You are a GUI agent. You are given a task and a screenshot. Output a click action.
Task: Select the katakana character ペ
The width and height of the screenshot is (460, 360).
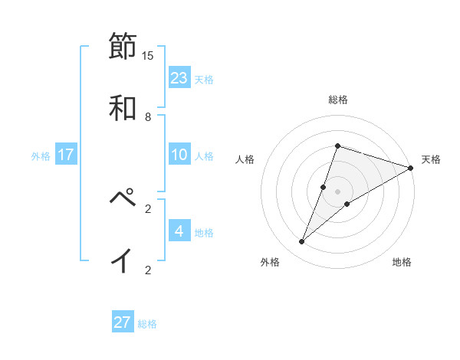point(123,198)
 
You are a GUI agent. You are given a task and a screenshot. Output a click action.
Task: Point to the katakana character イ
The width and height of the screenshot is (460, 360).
point(123,260)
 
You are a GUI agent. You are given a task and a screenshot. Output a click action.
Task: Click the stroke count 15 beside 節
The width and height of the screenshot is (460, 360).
point(148,55)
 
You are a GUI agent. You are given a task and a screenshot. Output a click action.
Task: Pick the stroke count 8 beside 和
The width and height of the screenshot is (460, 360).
point(148,116)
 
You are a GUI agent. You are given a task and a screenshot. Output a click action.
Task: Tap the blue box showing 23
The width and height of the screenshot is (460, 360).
point(179,78)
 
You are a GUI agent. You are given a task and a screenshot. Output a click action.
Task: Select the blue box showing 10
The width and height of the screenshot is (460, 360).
point(179,155)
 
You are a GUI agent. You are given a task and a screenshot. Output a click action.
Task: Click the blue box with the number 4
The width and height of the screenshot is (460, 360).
point(179,231)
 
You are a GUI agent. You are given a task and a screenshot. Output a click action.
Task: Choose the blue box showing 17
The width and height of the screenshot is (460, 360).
point(66,155)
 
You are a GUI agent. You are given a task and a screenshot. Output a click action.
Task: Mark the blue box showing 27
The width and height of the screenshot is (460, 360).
point(123,322)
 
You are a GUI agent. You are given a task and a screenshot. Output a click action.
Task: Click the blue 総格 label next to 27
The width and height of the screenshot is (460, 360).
point(147,324)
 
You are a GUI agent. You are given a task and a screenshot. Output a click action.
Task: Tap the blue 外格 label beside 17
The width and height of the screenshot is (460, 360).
point(41,156)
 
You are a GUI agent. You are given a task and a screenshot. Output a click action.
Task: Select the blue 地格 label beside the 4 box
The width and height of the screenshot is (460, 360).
point(204,233)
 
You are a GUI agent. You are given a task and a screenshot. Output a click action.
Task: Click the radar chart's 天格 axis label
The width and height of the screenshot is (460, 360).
point(431,159)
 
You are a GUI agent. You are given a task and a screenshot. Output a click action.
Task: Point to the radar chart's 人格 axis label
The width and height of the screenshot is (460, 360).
point(245,159)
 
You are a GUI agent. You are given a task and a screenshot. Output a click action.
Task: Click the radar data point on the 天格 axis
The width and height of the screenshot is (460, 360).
point(411,168)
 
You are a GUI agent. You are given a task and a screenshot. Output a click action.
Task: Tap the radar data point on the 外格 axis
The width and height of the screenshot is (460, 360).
point(302,242)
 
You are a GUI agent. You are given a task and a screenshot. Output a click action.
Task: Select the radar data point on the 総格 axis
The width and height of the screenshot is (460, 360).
point(337,146)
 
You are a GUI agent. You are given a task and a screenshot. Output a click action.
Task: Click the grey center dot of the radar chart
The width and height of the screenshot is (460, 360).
point(337,191)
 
